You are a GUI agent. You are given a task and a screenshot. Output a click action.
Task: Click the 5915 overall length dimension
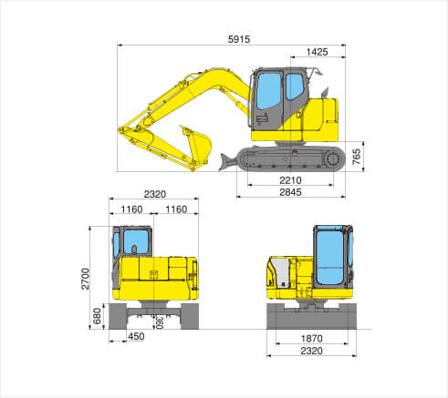point(239,39)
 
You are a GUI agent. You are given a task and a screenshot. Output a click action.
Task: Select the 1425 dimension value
point(317,52)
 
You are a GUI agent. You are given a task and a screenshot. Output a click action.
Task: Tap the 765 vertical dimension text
point(357,157)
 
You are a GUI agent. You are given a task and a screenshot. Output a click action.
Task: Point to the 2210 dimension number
point(290,180)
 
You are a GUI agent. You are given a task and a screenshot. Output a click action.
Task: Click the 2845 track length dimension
point(290,192)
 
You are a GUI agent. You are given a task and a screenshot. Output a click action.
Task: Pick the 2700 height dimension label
point(86,279)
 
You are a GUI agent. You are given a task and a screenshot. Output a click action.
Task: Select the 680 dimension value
point(97,316)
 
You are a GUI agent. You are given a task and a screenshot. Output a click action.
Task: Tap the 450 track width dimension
point(136,336)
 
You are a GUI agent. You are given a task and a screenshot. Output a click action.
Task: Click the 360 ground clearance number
point(160,322)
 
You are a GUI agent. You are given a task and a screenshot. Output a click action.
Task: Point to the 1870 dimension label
point(311,339)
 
